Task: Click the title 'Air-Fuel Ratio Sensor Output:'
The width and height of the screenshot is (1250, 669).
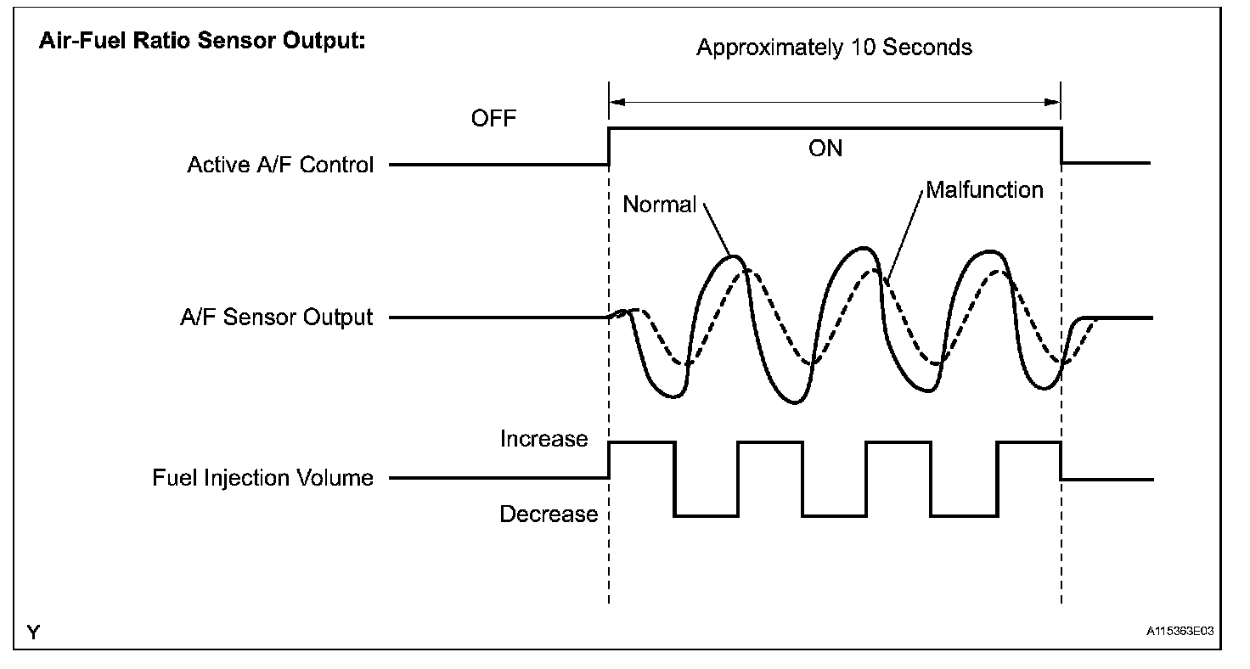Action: coord(202,42)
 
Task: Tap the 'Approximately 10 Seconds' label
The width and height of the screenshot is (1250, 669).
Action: coord(834,48)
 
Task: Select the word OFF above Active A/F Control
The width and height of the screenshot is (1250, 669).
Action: coord(493,118)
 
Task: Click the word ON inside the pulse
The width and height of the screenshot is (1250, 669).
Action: coord(825,148)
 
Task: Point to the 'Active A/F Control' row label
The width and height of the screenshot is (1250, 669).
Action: coord(280,165)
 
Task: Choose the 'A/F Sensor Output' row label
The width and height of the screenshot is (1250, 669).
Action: coord(277,318)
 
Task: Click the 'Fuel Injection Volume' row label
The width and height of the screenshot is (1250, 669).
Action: coord(263,478)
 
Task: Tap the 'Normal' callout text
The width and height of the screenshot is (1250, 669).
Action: coord(659,205)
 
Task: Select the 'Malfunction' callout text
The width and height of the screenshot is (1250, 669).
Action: coord(984,189)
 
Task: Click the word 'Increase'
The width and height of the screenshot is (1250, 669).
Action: coord(543,439)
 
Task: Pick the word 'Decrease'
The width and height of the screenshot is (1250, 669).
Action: coord(549,514)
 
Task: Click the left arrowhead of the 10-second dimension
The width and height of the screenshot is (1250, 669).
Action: coord(616,102)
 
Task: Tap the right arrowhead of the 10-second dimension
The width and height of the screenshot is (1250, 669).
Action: coord(1055,102)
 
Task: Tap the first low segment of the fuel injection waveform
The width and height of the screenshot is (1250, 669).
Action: coord(707,515)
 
